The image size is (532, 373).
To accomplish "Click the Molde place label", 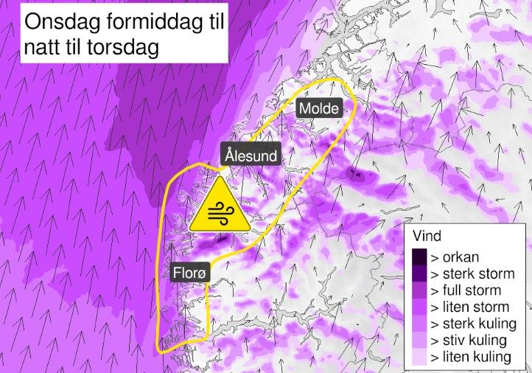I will point(319,109).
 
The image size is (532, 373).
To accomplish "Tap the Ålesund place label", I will point(251,156).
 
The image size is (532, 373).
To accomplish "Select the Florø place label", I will point(191,272).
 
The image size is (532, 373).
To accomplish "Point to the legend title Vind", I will point(428,237).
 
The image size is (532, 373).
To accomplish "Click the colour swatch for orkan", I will point(419,257).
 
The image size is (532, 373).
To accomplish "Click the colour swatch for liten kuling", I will point(419,358).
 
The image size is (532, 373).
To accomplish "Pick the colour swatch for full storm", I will point(419,290).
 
